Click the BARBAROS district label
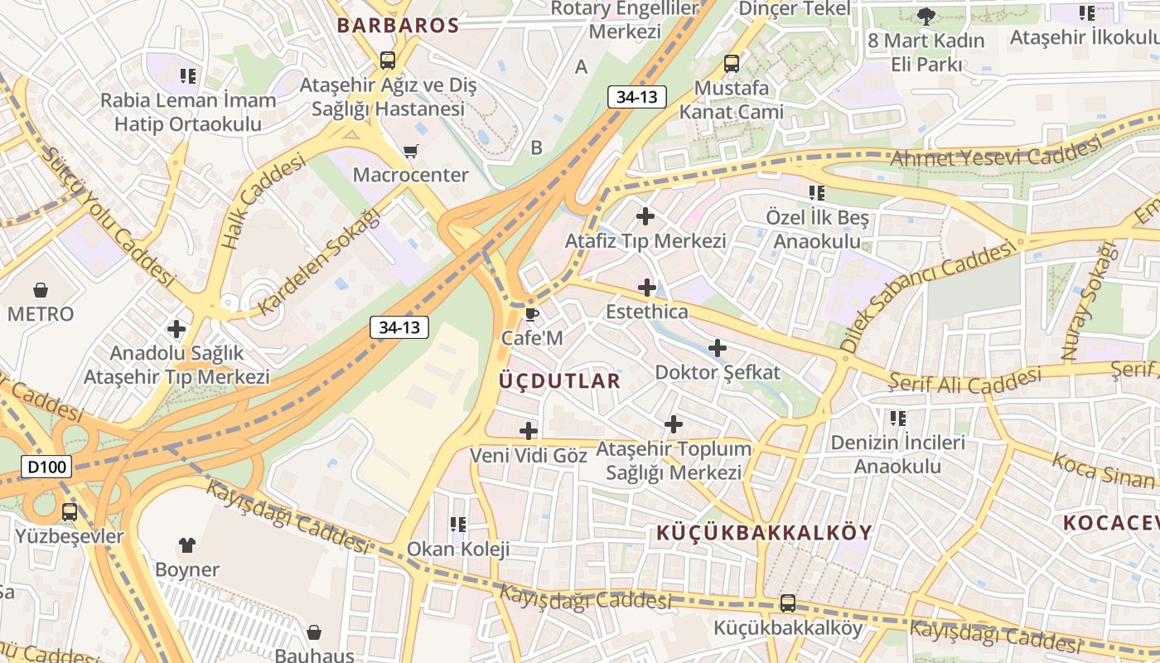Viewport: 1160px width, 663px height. (398, 25)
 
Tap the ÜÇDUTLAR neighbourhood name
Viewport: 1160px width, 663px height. (560, 380)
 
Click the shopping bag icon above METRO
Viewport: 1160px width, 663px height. (40, 290)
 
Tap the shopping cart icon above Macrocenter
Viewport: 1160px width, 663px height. (410, 151)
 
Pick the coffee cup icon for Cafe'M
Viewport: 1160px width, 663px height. (531, 314)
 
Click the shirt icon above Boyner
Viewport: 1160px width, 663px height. (187, 545)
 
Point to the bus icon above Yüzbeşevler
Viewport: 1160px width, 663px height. (70, 511)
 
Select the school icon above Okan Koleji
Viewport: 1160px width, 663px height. (457, 525)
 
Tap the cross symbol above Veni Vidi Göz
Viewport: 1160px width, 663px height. (528, 431)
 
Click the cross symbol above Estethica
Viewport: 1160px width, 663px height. (646, 288)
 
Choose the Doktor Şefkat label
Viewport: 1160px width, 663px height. (718, 372)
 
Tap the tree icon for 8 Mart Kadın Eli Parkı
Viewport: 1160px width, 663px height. (926, 16)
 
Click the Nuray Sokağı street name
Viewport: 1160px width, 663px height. (1085, 302)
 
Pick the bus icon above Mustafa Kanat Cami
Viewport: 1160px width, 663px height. (731, 63)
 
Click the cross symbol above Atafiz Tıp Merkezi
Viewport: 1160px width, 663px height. (645, 216)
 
